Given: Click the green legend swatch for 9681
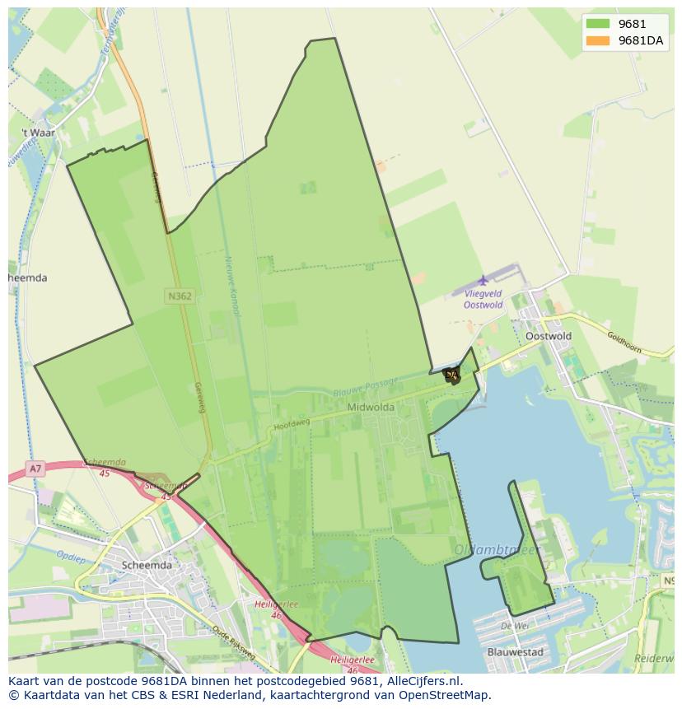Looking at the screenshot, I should coord(598,25).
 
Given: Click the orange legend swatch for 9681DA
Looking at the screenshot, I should coord(598,41).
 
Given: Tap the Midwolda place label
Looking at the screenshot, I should coord(371,407).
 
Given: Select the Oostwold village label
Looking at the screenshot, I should coord(548,336).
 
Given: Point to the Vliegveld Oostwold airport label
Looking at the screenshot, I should coord(483,299).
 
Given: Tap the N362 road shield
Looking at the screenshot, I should coord(179,296).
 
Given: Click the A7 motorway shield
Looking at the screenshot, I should coord(35,469).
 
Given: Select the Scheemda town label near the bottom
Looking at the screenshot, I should coord(147,565).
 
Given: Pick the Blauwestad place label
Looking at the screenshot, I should coord(516,651).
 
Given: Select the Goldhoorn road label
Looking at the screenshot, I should coord(624,342).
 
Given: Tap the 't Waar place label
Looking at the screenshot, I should coord(38,133).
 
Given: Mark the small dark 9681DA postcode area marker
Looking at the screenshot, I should coord(451,375).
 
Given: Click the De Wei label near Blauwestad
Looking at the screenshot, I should coord(514,626).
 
